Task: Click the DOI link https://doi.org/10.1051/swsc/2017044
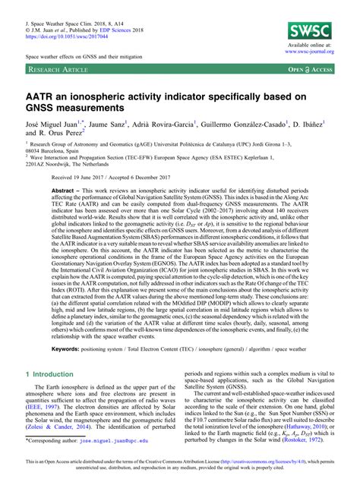(73, 35)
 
